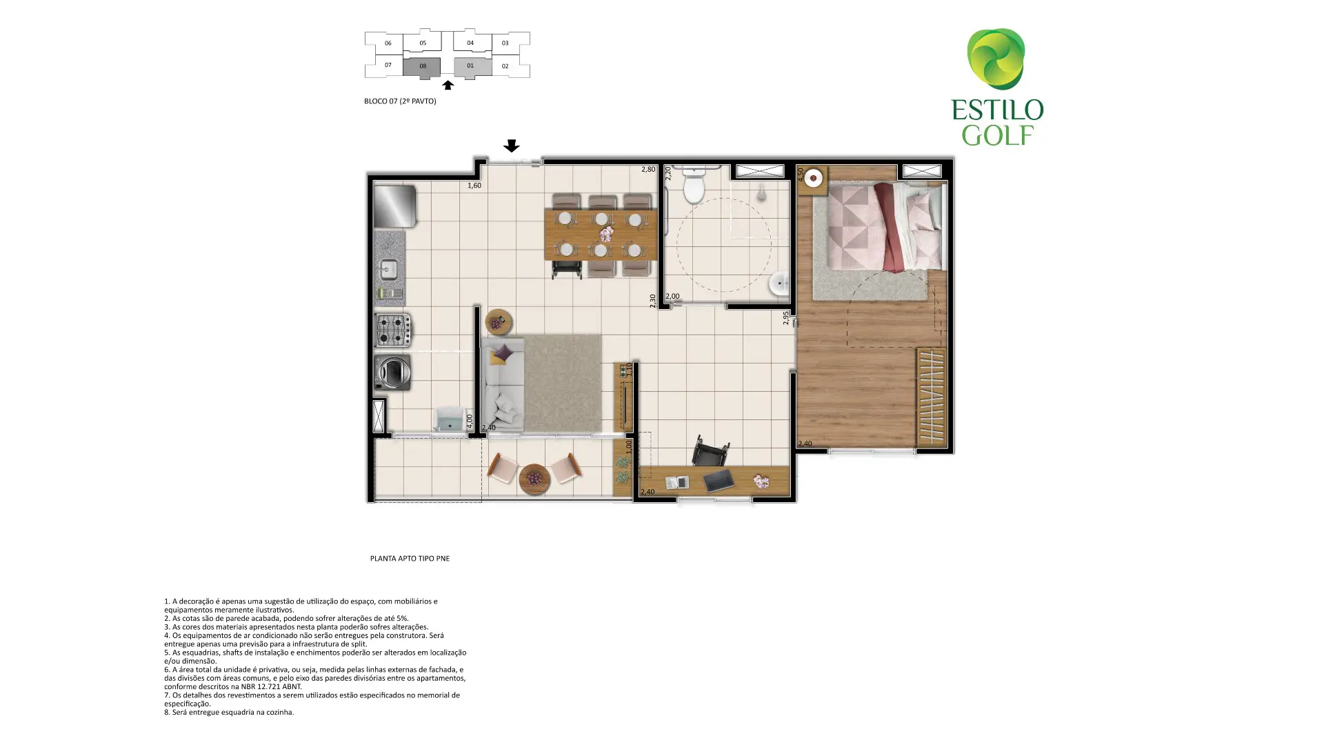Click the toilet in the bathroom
coord(692,184)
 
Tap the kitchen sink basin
coord(389,268)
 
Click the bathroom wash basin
coord(780,284)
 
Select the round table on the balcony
coord(534,478)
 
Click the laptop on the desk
coord(719,480)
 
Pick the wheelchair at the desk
coord(710,453)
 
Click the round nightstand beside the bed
coord(814,178)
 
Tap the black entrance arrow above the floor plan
coord(511,146)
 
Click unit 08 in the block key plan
coord(422,67)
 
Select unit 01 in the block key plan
coord(472,67)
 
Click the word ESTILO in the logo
coord(997,110)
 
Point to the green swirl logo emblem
coord(996,59)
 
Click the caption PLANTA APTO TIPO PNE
coord(410,559)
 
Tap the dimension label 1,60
coord(474,186)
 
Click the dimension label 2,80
coord(648,169)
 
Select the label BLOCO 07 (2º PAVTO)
coord(400,101)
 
